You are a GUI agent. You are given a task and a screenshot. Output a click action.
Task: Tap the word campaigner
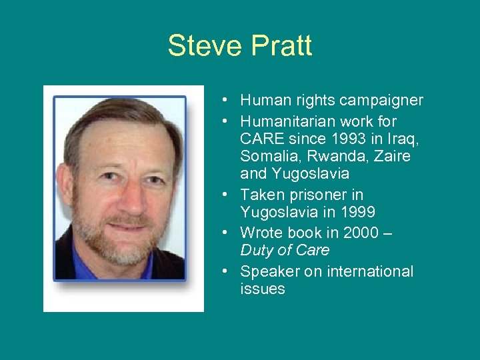[381, 101]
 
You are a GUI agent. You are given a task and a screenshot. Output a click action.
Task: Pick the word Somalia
[269, 156]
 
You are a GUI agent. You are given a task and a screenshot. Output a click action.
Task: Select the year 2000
[360, 233]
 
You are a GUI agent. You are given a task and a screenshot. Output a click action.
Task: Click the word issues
[262, 289]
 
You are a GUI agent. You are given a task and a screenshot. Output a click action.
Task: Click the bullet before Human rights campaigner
[227, 101]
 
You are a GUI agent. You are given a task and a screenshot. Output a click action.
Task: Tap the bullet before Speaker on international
[227, 271]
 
